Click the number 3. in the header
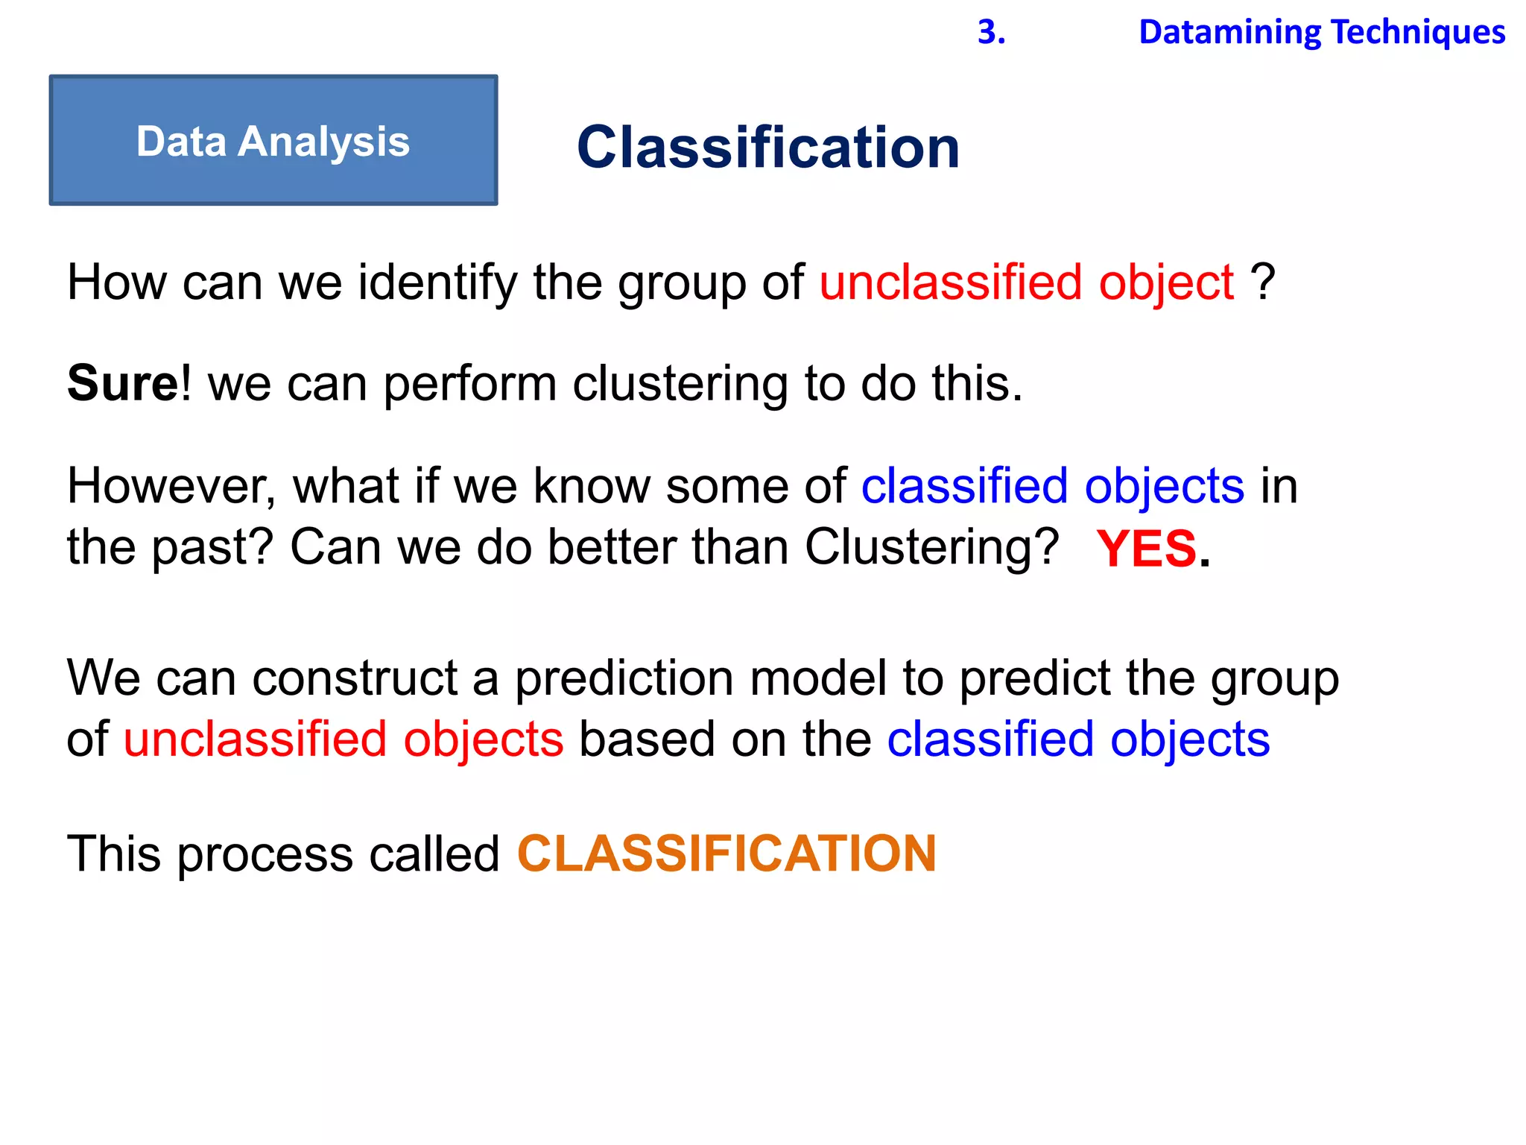[x=991, y=32]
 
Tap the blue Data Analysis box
[x=273, y=140]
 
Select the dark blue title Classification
[x=768, y=147]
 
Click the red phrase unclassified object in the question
[x=1026, y=283]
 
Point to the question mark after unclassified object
[x=1263, y=283]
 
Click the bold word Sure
[x=122, y=384]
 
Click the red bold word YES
[x=1146, y=549]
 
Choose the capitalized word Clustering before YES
[x=931, y=548]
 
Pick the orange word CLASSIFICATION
[x=726, y=854]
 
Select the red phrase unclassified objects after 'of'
[x=343, y=740]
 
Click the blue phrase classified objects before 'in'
[x=1052, y=487]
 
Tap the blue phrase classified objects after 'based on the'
[x=1078, y=740]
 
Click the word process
[x=265, y=855]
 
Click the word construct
[x=355, y=679]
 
